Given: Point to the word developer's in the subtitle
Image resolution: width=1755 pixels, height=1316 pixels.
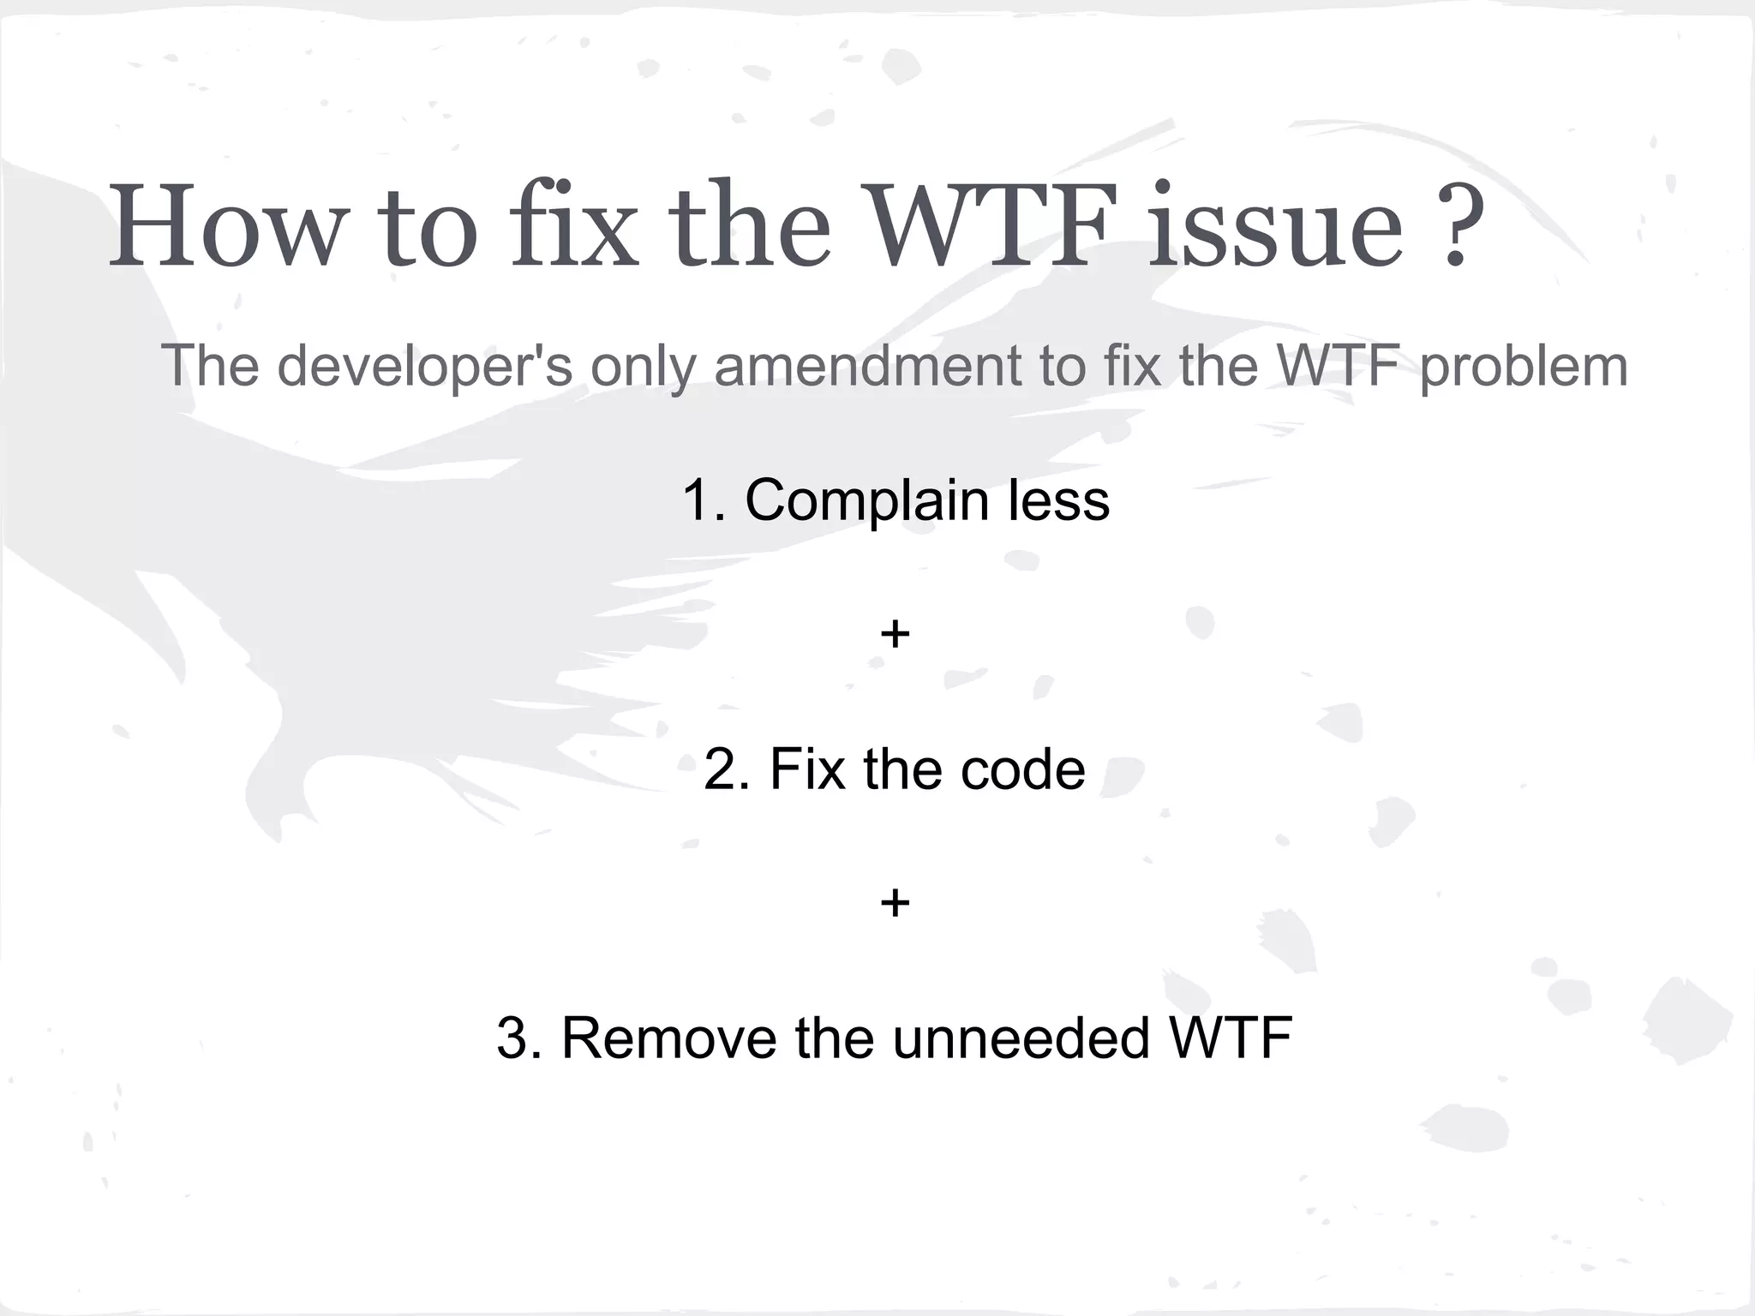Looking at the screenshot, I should pyautogui.click(x=424, y=367).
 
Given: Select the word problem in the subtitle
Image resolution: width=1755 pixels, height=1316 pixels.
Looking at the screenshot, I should pyautogui.click(x=1523, y=367).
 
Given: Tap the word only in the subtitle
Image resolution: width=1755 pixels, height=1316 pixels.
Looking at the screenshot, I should pyautogui.click(x=642, y=367).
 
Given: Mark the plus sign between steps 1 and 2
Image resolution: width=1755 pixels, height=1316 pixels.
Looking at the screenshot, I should pyautogui.click(x=895, y=635).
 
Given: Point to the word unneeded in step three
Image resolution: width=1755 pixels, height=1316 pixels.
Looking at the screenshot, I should pyautogui.click(x=1021, y=1038).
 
